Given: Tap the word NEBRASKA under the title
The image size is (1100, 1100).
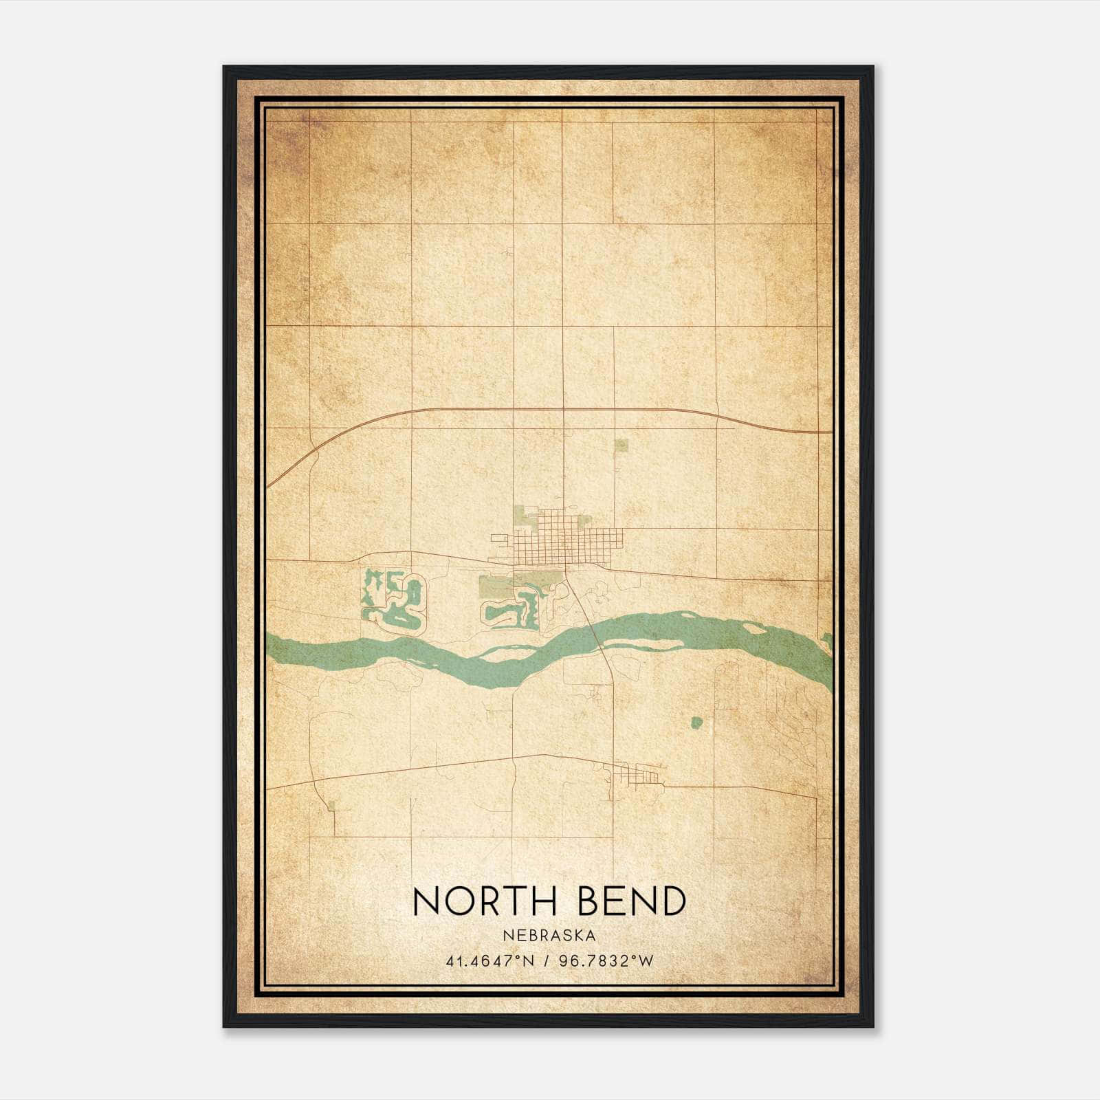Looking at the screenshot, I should tap(549, 935).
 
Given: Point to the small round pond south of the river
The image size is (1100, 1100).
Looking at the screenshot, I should tap(696, 723).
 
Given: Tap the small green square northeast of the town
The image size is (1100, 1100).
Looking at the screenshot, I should tap(621, 445).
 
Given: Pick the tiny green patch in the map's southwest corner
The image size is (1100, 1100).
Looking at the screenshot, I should tap(332, 805).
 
